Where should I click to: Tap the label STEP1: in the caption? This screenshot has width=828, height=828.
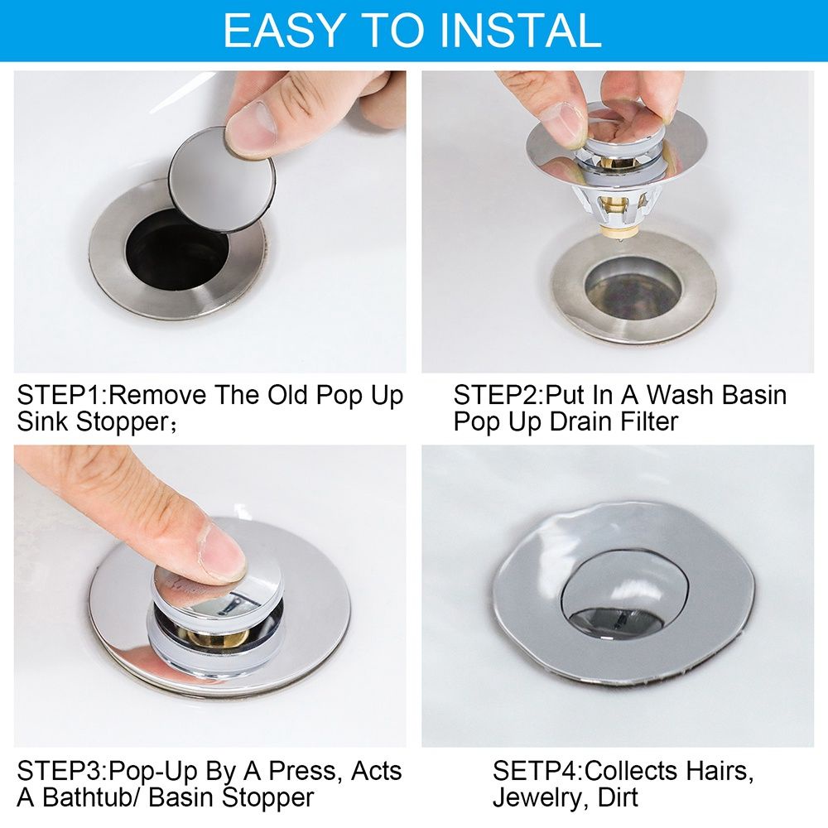coord(60,394)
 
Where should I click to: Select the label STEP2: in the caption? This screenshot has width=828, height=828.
coord(495,394)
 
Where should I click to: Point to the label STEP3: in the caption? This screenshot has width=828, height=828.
coord(60,771)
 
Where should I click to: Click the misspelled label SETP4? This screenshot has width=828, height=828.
coord(537,771)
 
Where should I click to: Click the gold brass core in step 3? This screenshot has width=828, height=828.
coord(207,637)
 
